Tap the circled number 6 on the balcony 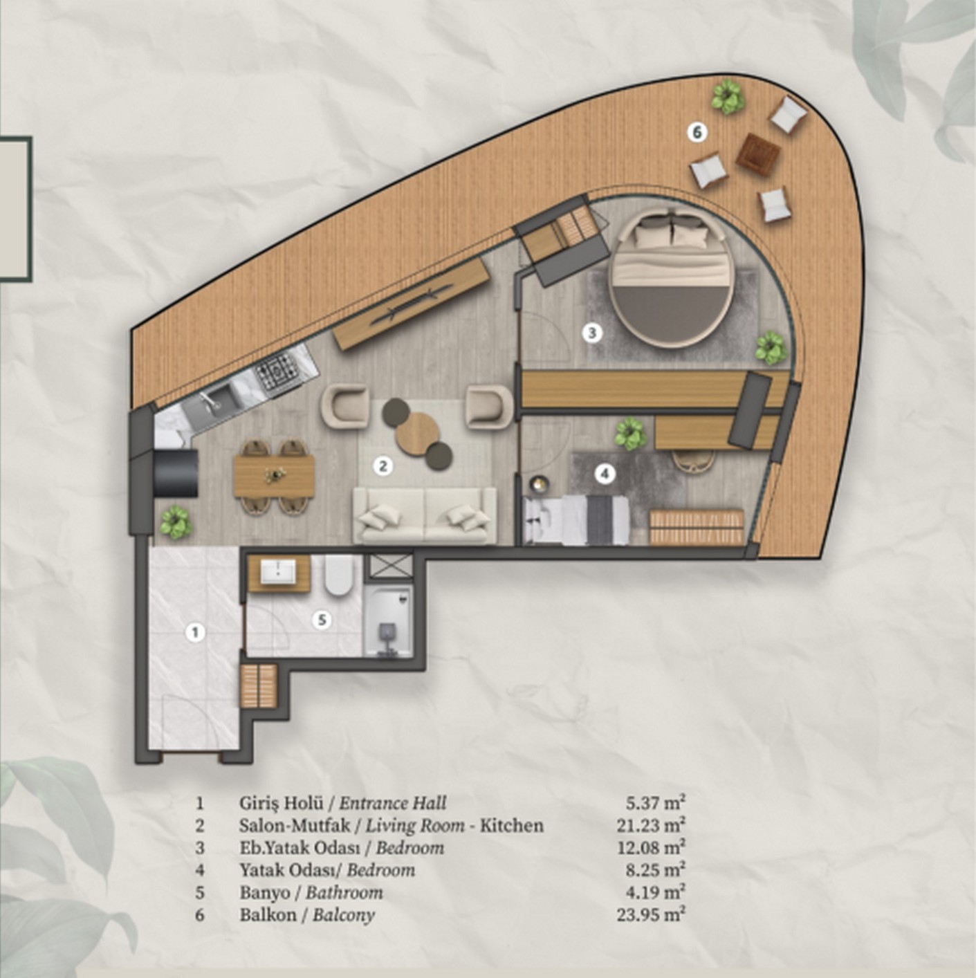[697, 133]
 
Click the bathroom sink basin [279, 572]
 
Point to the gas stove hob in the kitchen [278, 371]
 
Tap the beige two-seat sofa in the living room [425, 515]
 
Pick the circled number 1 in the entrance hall [196, 632]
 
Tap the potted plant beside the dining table [176, 522]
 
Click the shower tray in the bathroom [389, 621]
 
